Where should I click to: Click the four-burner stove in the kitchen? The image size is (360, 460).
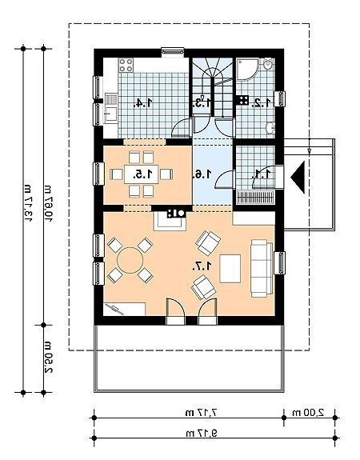(126, 65)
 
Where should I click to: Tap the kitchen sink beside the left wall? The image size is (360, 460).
(111, 108)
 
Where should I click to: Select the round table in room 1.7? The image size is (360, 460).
(130, 260)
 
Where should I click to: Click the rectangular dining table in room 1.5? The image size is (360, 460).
(141, 174)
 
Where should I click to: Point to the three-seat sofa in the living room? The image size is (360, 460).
(262, 268)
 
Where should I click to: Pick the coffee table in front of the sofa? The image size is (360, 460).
(230, 269)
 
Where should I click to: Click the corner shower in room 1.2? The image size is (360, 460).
(248, 70)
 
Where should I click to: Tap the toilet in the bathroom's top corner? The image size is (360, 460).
(268, 64)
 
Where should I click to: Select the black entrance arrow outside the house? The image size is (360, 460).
(298, 177)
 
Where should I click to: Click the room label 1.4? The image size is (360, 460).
(143, 102)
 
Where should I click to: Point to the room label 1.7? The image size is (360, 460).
(202, 266)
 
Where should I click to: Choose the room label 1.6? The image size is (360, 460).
(202, 174)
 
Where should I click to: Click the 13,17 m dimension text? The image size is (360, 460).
(28, 203)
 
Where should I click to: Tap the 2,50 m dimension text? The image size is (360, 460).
(49, 357)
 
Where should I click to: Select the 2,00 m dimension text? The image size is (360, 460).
(308, 413)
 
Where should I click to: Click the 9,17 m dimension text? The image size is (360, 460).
(202, 433)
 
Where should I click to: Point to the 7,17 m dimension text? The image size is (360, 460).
(202, 413)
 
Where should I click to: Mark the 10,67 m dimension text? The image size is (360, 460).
(49, 204)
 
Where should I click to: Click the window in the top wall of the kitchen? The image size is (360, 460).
(173, 52)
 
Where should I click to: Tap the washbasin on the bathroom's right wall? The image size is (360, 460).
(270, 127)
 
